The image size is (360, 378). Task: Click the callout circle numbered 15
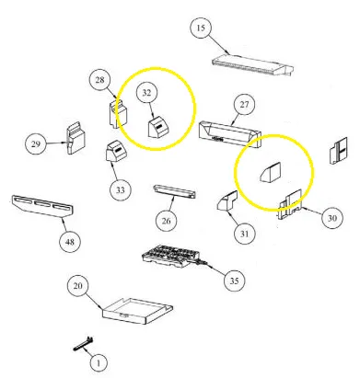point(201,28)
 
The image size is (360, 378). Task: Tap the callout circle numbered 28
point(99,80)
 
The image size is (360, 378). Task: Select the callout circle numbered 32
point(146,92)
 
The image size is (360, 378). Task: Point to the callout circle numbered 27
point(244,105)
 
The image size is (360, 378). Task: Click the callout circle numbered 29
point(36,143)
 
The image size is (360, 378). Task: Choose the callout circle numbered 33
point(121,190)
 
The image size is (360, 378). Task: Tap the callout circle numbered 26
point(167,221)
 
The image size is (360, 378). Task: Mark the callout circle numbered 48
point(70,242)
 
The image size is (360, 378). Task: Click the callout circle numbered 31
point(244,234)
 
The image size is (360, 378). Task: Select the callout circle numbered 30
point(332,218)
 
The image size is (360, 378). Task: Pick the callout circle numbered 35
point(234,281)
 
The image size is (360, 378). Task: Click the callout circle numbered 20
point(78,286)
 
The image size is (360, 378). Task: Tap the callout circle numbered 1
point(99,363)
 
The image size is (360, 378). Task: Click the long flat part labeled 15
point(252,65)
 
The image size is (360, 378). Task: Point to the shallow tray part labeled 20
point(137,311)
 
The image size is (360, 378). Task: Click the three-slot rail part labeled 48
point(42,206)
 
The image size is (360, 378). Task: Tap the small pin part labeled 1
point(84,345)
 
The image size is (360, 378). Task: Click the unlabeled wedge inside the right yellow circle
point(271,173)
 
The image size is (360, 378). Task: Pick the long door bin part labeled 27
point(229,134)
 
